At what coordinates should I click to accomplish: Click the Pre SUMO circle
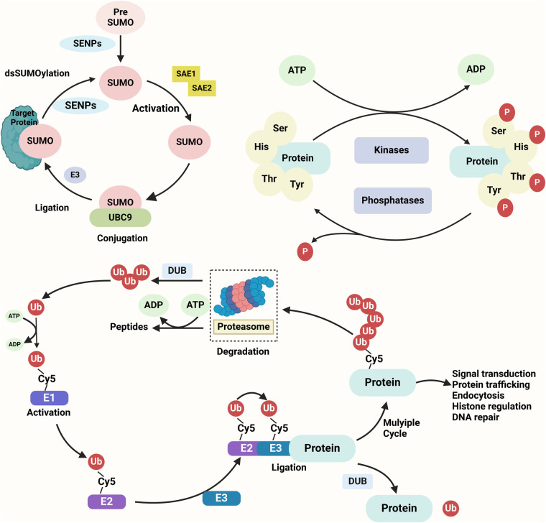(120, 17)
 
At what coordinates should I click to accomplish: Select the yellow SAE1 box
(186, 74)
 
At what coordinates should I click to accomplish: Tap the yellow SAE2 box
(202, 88)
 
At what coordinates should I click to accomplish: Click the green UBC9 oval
(120, 217)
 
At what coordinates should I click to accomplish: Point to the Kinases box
(392, 150)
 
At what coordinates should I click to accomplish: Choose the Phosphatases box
(393, 200)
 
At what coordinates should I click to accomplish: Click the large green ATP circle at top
(297, 70)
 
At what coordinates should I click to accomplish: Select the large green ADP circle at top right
(476, 69)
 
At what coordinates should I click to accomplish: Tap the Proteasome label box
(244, 327)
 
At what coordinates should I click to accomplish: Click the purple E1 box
(49, 398)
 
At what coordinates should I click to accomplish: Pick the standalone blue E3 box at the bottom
(221, 498)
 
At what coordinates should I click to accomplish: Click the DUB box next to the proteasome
(177, 271)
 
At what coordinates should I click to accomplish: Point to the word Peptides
(129, 327)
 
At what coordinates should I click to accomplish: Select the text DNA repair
(476, 417)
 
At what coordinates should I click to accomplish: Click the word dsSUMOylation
(37, 73)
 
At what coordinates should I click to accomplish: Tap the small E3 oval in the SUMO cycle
(75, 175)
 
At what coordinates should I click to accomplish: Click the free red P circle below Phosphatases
(305, 251)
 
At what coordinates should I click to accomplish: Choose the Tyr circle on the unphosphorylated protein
(297, 184)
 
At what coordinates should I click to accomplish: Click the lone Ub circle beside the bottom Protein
(450, 508)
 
